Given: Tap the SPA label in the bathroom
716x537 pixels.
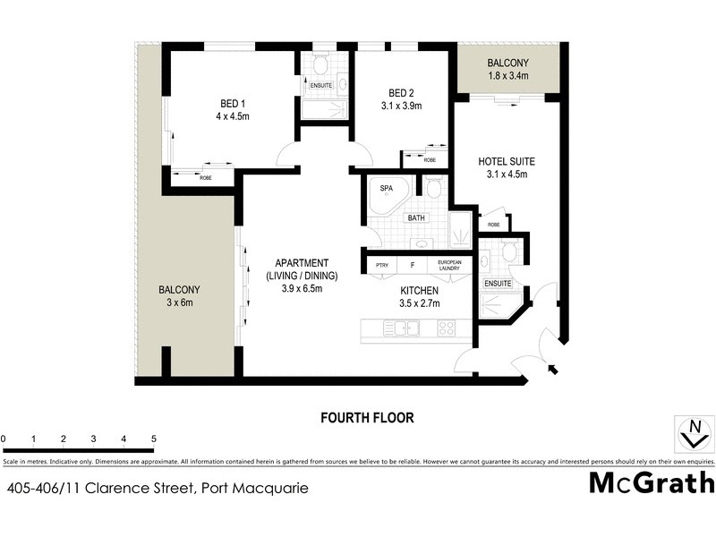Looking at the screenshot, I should [x=387, y=189].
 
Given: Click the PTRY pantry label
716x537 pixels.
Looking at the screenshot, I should [x=382, y=265].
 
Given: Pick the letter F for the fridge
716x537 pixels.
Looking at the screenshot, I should [x=412, y=265].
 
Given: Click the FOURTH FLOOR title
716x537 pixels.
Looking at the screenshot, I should [x=367, y=417].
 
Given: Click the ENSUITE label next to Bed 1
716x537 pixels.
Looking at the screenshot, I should [x=321, y=85].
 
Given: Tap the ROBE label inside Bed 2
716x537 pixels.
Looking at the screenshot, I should [x=430, y=160].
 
